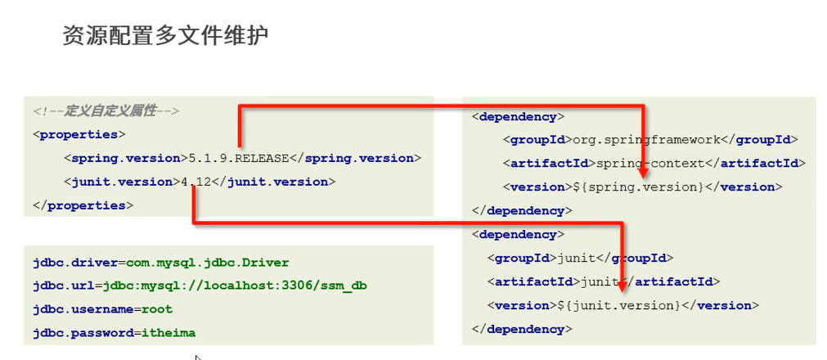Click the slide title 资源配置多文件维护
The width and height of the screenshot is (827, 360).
165,36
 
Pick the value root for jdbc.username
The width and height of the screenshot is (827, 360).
157,310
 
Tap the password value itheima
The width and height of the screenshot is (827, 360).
168,333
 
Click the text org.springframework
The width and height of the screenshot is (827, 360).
646,140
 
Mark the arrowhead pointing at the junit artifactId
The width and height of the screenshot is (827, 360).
622,283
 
